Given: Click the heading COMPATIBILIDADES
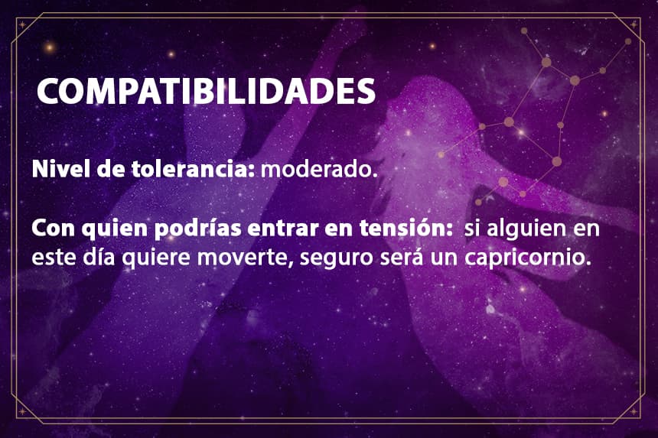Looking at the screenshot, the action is click(206, 90).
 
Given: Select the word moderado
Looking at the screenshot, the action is click(317, 170).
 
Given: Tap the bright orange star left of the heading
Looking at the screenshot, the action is click(50, 47).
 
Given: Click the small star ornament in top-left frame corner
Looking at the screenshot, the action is click(22, 24).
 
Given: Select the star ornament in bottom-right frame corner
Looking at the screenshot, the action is click(634, 412).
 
